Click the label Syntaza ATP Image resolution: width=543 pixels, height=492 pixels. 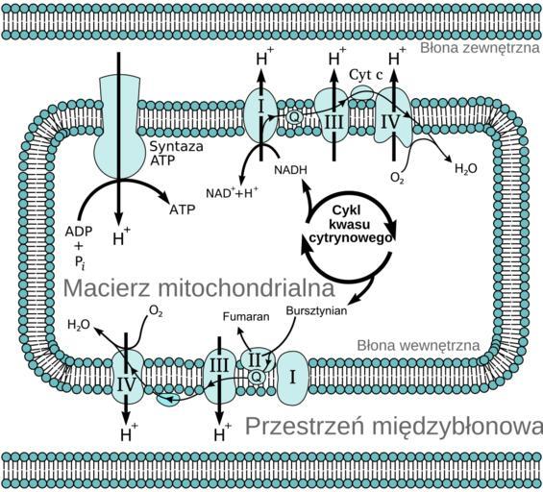176,154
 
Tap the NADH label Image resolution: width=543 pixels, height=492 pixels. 290,170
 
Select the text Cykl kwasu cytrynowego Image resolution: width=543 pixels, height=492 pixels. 350,224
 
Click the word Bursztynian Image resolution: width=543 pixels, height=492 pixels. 316,310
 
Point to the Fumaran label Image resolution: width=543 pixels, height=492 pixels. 246,316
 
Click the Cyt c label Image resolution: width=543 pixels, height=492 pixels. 366,74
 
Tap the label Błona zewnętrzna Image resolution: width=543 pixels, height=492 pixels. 480,48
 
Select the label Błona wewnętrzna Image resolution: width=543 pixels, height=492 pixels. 418,346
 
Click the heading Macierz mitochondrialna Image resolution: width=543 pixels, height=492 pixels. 199,287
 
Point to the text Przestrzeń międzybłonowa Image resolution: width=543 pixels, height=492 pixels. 394,427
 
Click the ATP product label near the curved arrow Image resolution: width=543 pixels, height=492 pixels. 183,209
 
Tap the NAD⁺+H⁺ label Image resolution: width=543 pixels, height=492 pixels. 232,192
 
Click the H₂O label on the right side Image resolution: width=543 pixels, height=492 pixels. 466,169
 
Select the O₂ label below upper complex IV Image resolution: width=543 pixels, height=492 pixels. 397,178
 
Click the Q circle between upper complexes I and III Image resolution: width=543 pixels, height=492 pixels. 294,117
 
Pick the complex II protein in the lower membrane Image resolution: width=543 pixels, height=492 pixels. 258,360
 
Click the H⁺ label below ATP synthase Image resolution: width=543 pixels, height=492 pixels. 121,236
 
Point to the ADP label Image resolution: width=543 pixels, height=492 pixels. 79,232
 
